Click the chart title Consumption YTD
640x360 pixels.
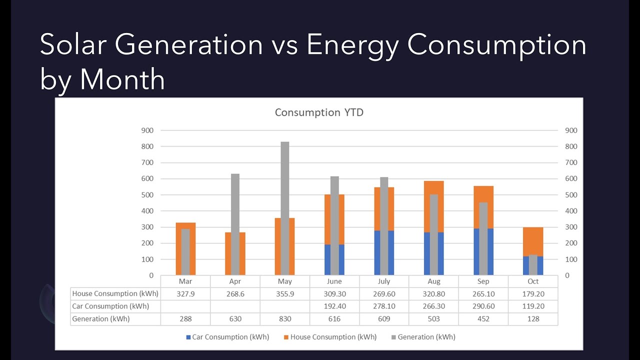point(319,112)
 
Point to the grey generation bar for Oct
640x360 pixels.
point(533,265)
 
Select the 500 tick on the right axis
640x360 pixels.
point(571,195)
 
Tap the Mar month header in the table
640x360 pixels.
point(185,281)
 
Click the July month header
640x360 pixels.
point(384,281)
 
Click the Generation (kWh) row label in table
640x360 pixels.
point(101,318)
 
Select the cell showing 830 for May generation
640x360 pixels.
point(284,318)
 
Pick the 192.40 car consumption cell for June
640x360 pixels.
point(334,306)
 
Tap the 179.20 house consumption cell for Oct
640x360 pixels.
point(533,293)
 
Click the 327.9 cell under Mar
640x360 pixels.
point(185,293)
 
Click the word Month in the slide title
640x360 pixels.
point(122,79)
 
